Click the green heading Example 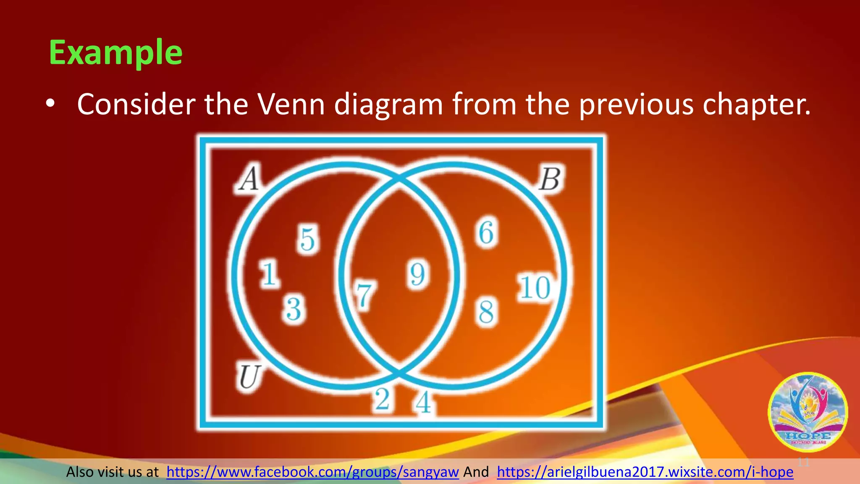click(115, 53)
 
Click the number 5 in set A click(308, 239)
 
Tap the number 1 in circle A click(269, 274)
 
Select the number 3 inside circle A click(294, 309)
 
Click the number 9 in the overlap click(417, 274)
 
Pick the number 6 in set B click(486, 232)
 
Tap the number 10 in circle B click(535, 288)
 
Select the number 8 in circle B click(486, 312)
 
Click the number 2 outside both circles click(382, 399)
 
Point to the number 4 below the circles click(423, 402)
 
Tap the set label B click(550, 179)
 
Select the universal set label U click(249, 377)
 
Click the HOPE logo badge click(808, 412)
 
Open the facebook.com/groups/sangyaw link click(312, 472)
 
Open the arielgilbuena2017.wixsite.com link click(645, 472)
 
